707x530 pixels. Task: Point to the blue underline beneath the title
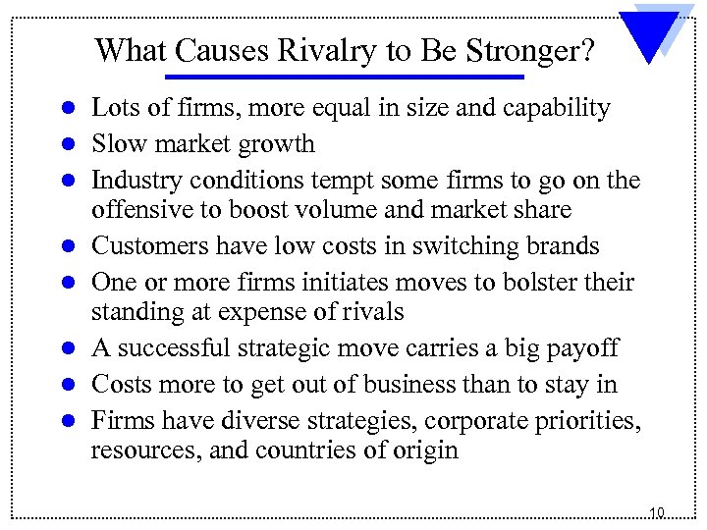pos(344,77)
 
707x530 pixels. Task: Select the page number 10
pos(657,511)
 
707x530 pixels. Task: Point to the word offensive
pos(136,211)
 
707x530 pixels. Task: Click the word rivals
pos(372,313)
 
